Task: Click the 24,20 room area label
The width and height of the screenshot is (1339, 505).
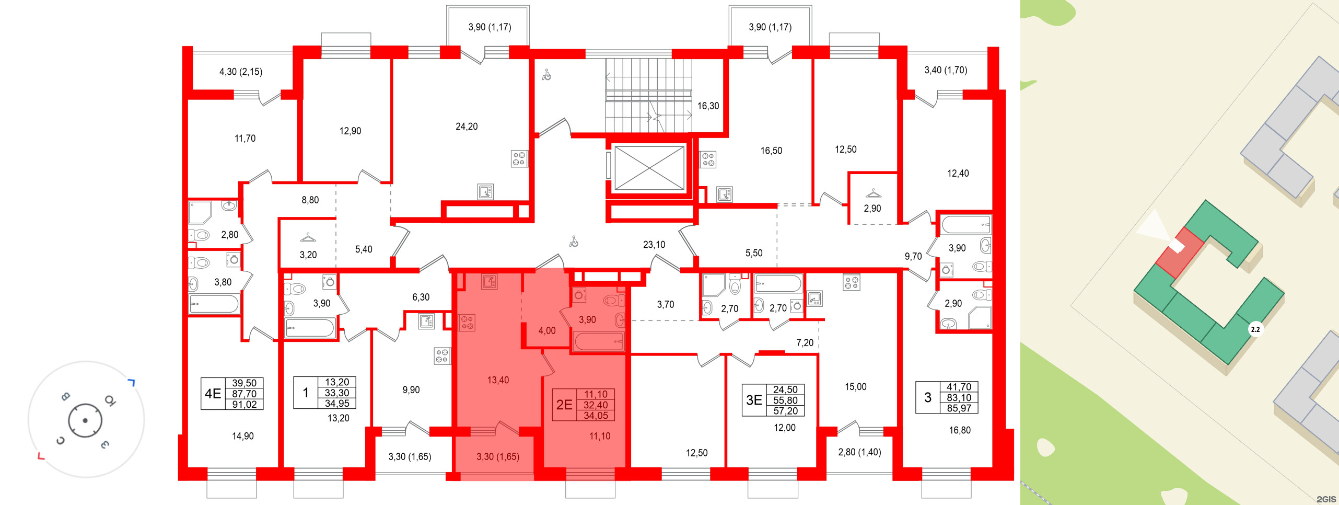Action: tap(467, 127)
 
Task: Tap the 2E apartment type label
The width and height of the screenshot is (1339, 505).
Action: tap(564, 405)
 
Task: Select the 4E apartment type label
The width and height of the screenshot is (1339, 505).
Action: tap(213, 393)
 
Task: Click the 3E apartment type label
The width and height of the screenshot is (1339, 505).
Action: tap(754, 400)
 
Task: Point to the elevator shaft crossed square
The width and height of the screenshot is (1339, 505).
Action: tap(649, 168)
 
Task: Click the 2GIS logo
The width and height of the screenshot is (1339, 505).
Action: tap(1326, 499)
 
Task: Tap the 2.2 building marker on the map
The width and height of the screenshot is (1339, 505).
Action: tap(1255, 329)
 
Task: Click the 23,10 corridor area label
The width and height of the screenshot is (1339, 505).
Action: tap(654, 245)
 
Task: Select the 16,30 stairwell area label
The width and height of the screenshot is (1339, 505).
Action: tap(708, 106)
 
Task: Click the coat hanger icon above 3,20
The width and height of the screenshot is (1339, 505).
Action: tap(308, 238)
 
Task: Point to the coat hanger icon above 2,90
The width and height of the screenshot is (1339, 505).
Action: tap(873, 193)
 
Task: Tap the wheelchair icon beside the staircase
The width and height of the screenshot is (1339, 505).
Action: tap(546, 75)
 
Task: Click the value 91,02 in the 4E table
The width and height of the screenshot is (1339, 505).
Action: tap(244, 405)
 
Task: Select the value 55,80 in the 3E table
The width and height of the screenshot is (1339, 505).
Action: tap(785, 400)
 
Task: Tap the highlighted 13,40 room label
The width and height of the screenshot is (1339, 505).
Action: tap(498, 380)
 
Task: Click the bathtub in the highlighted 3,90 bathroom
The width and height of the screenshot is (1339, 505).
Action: tap(599, 341)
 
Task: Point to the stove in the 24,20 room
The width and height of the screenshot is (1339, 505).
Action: tap(519, 159)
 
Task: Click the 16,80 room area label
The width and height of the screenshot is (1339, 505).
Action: tap(960, 430)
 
